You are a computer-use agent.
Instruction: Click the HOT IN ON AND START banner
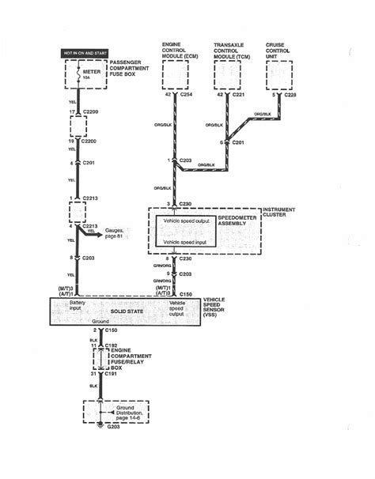(x=85, y=53)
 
